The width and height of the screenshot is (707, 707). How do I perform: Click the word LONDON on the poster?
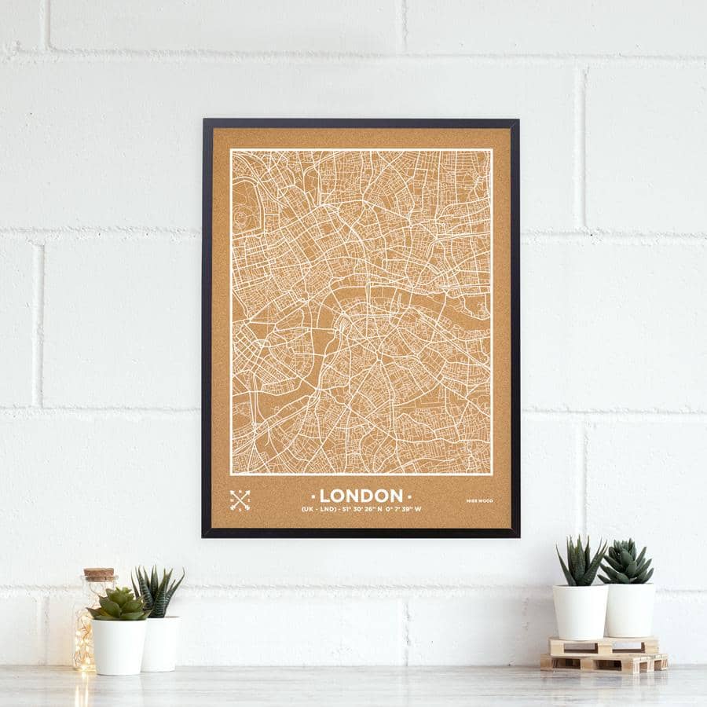(x=361, y=496)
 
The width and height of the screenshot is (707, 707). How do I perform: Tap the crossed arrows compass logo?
(x=240, y=500)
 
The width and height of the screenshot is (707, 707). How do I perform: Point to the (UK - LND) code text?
(x=319, y=509)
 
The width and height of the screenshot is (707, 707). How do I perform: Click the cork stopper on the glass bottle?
(x=100, y=575)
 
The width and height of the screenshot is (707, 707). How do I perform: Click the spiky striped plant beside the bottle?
(x=158, y=591)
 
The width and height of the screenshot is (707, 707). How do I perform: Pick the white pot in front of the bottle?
(x=119, y=646)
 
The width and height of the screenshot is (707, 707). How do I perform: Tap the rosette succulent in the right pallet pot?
(x=626, y=562)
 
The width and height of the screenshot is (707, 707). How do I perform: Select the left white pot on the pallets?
(x=580, y=611)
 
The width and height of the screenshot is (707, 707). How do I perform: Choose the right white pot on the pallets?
(x=629, y=610)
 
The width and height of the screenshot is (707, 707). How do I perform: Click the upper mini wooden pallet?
(x=603, y=646)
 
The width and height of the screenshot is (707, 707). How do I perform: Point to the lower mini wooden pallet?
(x=603, y=662)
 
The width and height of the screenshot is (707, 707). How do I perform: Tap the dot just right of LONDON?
(x=409, y=496)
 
